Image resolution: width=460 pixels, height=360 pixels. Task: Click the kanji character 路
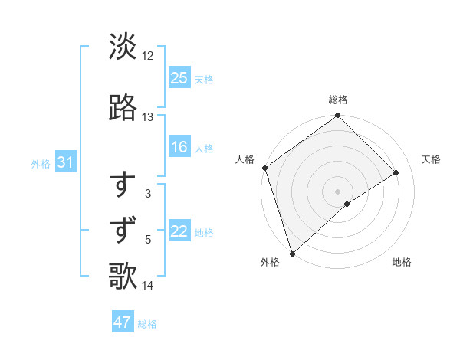(x=123, y=108)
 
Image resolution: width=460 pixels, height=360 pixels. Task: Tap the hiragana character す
(x=123, y=185)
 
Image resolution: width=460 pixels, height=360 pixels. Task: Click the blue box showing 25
(x=179, y=78)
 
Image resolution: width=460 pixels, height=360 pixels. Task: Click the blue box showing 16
(x=179, y=147)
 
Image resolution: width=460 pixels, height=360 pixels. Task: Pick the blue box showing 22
(x=179, y=231)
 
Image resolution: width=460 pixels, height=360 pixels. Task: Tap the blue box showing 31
(x=66, y=162)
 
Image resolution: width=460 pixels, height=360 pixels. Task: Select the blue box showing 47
(x=123, y=322)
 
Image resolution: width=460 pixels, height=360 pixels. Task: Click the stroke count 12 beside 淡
(x=148, y=56)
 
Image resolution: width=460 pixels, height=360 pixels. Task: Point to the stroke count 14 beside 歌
(x=148, y=286)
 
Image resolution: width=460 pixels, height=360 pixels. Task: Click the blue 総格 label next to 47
(x=147, y=324)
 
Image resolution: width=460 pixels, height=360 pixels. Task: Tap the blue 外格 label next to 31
(x=41, y=163)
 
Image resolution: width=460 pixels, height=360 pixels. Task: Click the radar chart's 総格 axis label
(x=338, y=100)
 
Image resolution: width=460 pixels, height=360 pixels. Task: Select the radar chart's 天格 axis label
(x=431, y=159)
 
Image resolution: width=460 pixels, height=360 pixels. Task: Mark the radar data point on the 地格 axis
(x=347, y=204)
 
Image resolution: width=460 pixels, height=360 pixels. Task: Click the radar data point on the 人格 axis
(x=264, y=168)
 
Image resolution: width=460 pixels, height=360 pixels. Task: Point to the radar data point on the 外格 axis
(x=292, y=253)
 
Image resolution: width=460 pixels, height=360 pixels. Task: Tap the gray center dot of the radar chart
(x=337, y=191)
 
